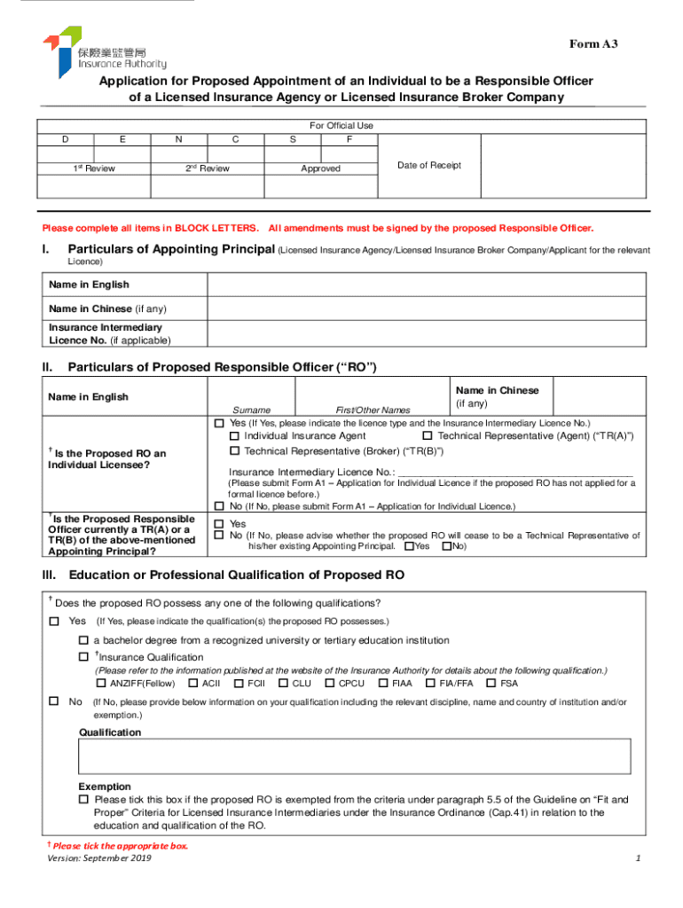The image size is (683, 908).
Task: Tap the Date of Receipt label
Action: [x=428, y=166]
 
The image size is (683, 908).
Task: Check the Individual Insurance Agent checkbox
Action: [x=234, y=436]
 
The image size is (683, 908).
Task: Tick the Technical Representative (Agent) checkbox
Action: [x=428, y=436]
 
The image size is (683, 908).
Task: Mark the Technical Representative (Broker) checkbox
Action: [x=234, y=451]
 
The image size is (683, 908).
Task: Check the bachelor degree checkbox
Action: [x=83, y=640]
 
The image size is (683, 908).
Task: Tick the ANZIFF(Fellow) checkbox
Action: [x=101, y=683]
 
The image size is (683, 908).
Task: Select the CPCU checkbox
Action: [x=330, y=683]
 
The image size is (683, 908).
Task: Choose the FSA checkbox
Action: [x=491, y=683]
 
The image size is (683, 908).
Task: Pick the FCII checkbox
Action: [x=239, y=683]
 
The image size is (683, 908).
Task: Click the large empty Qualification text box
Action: [x=355, y=756]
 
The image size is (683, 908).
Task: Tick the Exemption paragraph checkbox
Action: [x=83, y=799]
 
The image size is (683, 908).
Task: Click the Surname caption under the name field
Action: [x=252, y=410]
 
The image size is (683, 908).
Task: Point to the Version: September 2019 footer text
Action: [x=98, y=859]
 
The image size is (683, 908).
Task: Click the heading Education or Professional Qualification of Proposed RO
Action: [x=237, y=575]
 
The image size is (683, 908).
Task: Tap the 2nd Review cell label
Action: [x=207, y=168]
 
